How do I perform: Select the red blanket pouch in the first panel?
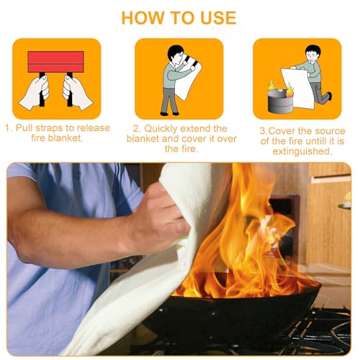click(x=55, y=62)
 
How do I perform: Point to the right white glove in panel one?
click(x=77, y=92)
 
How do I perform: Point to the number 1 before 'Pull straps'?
click(x=9, y=128)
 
